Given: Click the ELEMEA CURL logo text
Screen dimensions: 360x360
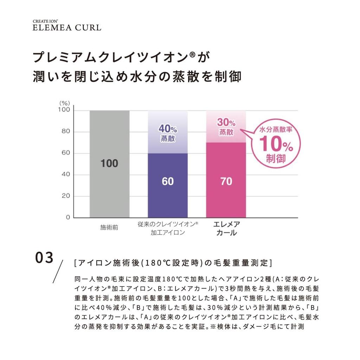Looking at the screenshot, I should coord(67,27).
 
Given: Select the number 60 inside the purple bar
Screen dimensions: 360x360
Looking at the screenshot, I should coord(168,181).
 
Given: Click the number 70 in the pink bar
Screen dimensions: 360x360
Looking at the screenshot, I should coord(226,181).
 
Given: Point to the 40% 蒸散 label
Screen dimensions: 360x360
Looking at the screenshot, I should coord(168,133).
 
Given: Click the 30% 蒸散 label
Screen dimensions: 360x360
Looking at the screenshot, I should coord(226,127).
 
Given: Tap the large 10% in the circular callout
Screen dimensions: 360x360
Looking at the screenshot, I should coord(276,144).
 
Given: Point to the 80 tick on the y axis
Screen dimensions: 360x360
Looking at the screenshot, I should coord(66,132).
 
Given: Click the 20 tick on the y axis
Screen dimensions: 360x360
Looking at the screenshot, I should coord(66,196).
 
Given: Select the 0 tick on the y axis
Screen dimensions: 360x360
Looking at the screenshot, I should coord(68,218).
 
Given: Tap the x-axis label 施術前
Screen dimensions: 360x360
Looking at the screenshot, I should coord(109,227).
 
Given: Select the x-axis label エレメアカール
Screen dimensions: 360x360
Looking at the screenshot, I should coord(226,229).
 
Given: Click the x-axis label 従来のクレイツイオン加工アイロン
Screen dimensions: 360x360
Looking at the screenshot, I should coord(168,228).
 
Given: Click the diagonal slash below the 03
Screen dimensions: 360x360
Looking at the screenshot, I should coord(58,271).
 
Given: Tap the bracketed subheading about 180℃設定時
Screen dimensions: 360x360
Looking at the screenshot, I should coord(173,263).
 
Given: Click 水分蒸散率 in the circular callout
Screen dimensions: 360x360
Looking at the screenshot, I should coord(276,129).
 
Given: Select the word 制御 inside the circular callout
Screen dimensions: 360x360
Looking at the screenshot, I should coord(276,159).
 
